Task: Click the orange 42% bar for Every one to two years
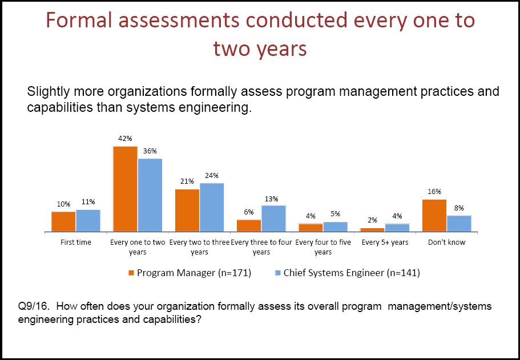click(x=125, y=189)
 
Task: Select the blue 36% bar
click(x=150, y=195)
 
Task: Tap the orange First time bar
click(x=63, y=221)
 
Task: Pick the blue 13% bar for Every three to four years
click(x=273, y=218)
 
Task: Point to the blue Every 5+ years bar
click(x=397, y=228)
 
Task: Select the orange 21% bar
click(x=187, y=210)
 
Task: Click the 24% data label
click(x=212, y=176)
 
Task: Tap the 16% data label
click(x=434, y=192)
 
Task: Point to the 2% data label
click(x=372, y=220)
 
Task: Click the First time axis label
click(x=76, y=242)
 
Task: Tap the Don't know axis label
click(x=446, y=242)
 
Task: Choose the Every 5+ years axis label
click(x=385, y=242)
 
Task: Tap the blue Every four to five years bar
click(x=335, y=226)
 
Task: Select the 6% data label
click(x=249, y=212)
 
